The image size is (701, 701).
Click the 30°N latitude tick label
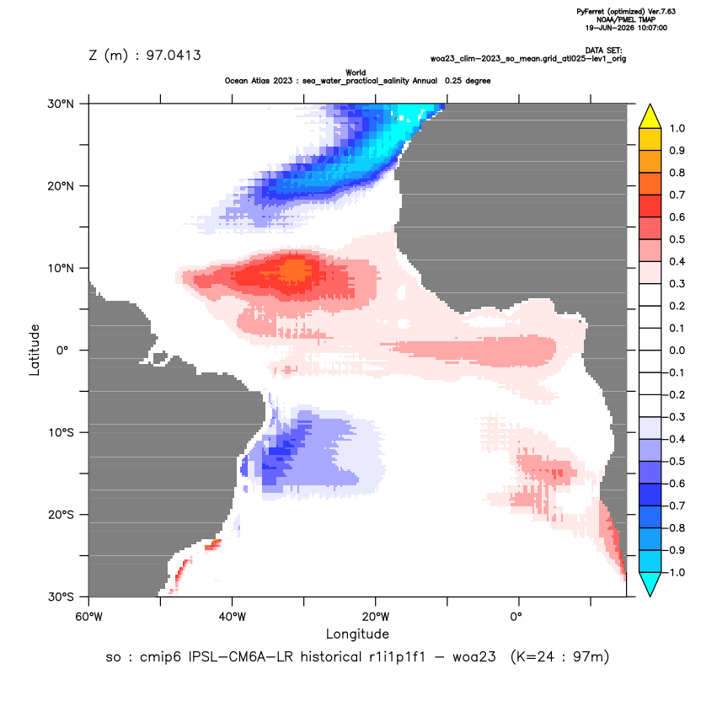tap(61, 104)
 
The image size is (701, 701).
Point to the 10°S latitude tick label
tap(61, 432)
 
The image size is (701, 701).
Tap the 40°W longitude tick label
tap(232, 617)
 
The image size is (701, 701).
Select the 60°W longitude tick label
tap(89, 617)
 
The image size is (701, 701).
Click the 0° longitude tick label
tap(516, 617)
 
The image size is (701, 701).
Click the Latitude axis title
tap(35, 350)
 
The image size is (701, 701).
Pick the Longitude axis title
tap(357, 634)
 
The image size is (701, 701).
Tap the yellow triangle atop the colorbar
tap(650, 116)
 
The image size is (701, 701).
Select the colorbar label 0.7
tap(677, 195)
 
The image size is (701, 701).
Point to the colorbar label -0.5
tap(675, 462)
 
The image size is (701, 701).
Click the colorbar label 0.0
tap(677, 350)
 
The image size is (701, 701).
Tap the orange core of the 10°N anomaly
tap(296, 270)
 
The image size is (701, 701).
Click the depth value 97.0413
tap(174, 56)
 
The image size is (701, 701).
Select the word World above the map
tap(356, 72)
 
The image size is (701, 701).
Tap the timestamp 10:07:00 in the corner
tap(652, 28)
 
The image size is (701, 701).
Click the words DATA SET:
tap(603, 51)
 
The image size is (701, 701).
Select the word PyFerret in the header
tap(591, 12)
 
